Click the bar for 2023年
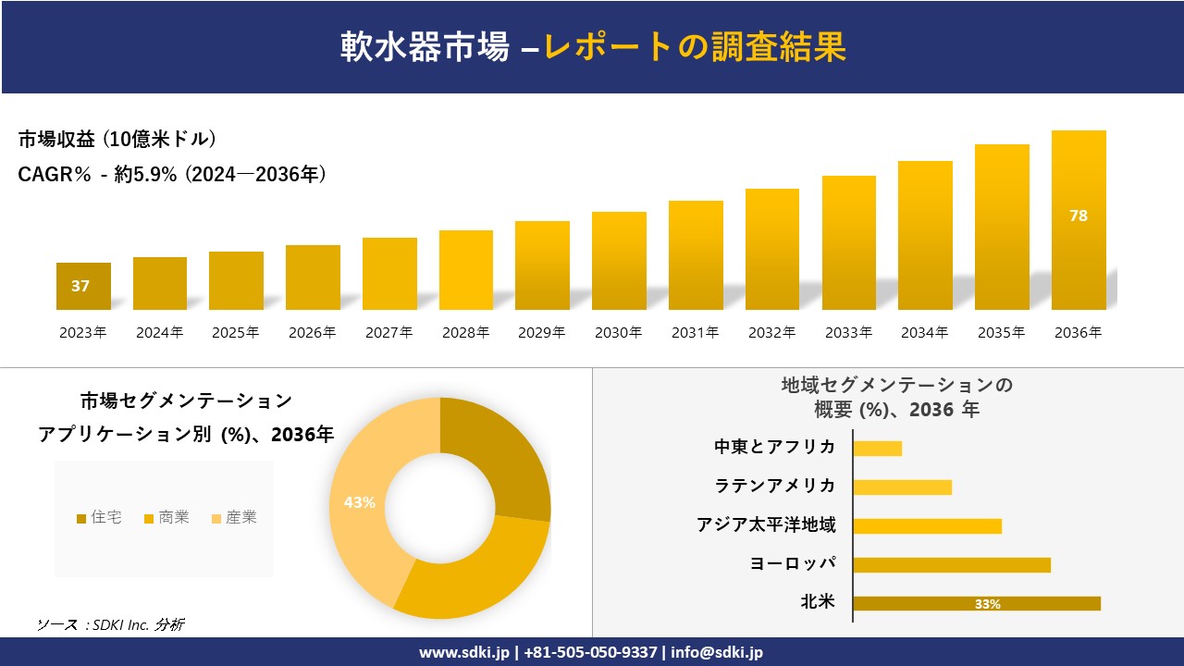[x=83, y=287]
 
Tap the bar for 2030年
[x=619, y=261]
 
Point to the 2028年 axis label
[x=465, y=333]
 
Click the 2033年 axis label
[x=848, y=333]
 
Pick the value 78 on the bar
[x=1079, y=216]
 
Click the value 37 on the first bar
[x=80, y=286]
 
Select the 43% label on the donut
[x=359, y=502]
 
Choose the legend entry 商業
[x=166, y=518]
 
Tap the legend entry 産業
[x=234, y=518]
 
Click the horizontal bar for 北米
[x=976, y=603]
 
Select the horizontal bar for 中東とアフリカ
[x=877, y=448]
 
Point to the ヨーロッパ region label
[x=793, y=564]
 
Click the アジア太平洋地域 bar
[x=927, y=525]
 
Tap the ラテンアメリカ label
[x=775, y=487]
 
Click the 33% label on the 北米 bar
[x=987, y=604]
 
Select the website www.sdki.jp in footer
[x=463, y=652]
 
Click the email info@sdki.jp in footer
[x=717, y=652]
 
